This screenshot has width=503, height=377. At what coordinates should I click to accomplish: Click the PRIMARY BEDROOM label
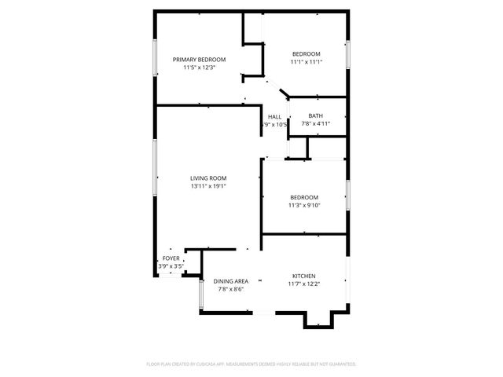pos(200,60)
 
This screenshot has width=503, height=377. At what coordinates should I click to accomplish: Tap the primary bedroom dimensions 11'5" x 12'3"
pos(200,68)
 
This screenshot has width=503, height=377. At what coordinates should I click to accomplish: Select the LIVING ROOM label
pos(208,178)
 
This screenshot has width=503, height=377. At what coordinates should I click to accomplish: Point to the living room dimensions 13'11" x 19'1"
pos(208,187)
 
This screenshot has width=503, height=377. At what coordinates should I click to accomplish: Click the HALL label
pos(274,116)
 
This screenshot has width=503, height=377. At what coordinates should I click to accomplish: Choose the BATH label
pos(315,115)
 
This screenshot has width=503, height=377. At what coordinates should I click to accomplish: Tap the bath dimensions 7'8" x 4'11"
pos(315,123)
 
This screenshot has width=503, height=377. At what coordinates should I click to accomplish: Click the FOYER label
pos(171,258)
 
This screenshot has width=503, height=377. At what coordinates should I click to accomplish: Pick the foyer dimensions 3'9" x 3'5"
pos(171,266)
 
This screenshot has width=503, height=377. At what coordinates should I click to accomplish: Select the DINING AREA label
pos(231,281)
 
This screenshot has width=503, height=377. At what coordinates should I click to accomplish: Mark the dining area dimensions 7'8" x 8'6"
pos(231,289)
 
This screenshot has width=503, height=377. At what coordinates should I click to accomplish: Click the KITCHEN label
pos(304,276)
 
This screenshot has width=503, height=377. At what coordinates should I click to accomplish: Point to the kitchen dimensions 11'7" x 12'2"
pos(304,284)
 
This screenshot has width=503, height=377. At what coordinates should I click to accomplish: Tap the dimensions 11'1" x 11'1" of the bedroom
pos(307,62)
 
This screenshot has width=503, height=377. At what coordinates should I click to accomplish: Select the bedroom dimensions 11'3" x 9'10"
pos(304,206)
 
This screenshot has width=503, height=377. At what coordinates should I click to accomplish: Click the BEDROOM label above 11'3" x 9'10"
pos(304,197)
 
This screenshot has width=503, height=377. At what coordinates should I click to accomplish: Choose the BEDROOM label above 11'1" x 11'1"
pos(307,53)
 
